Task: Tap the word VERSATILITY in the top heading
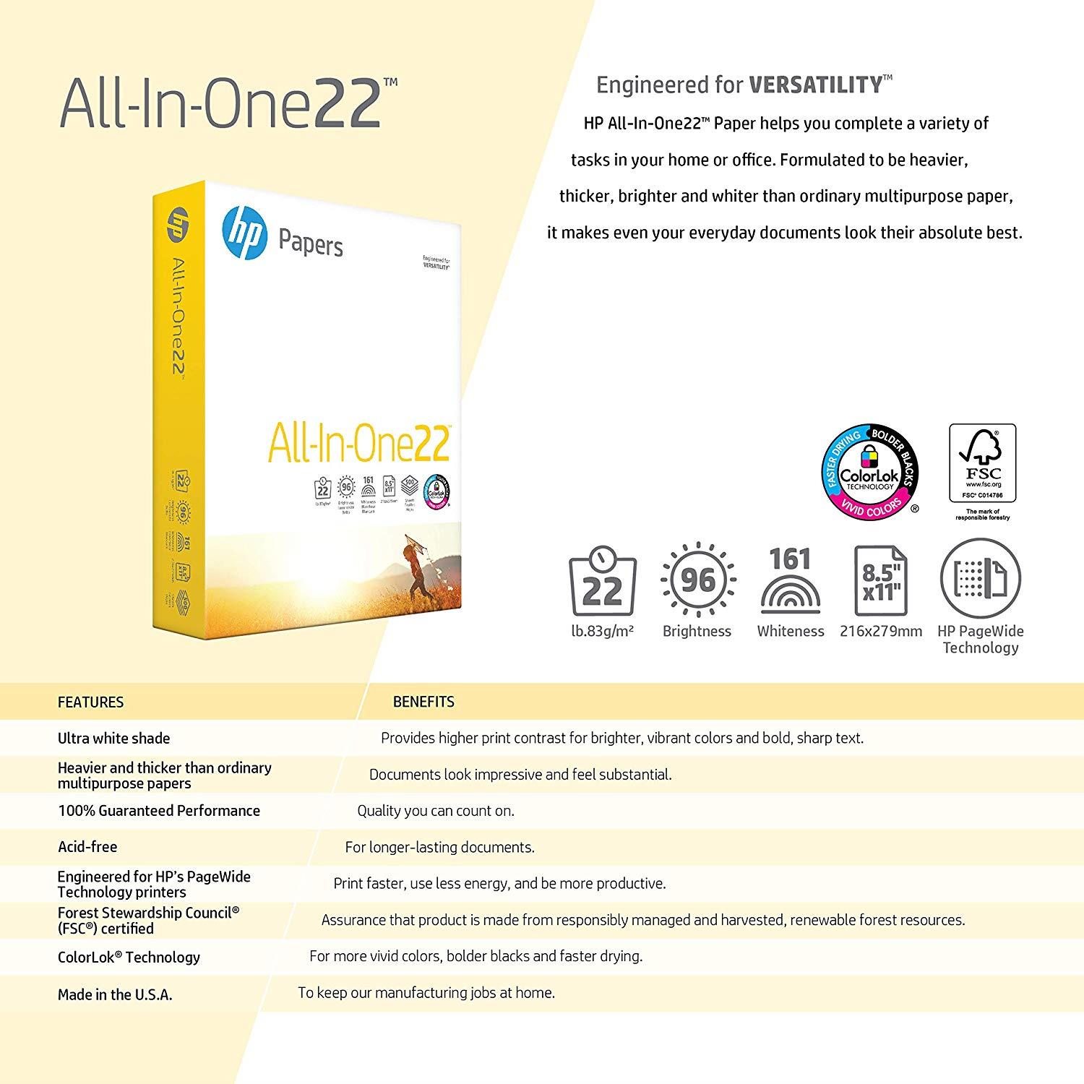pos(815,85)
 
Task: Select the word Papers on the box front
pos(311,244)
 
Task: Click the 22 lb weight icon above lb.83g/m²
pos(602,582)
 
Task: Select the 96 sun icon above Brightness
pos(697,580)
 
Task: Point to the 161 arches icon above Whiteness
pos(791,581)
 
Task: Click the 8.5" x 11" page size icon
pos(881,582)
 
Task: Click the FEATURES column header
pos(90,702)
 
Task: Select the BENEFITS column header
pos(423,702)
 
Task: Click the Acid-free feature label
pos(87,847)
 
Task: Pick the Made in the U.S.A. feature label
pos(115,995)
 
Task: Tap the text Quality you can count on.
pos(436,811)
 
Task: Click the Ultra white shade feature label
pos(113,739)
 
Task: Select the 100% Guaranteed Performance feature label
pos(159,811)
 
